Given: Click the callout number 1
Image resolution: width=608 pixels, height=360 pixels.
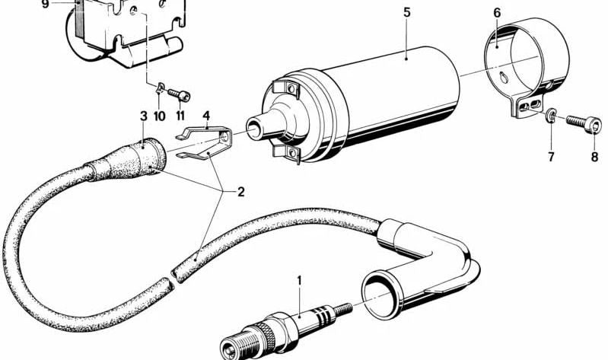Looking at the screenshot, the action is coord(299,280).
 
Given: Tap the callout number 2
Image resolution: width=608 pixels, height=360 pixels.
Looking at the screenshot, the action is coord(240,192).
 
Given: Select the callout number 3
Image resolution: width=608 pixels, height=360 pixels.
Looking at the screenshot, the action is coord(144,116).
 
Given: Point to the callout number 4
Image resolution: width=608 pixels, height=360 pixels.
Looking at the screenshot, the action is coord(206,115).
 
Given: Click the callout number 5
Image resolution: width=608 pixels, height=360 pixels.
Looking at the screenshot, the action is coord(406,12).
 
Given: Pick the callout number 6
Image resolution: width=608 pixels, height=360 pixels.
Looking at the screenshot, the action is coord(497,12).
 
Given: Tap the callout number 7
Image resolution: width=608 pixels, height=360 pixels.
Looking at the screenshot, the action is coord(551,157).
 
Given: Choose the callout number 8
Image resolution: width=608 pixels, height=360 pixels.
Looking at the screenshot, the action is coord(594,157).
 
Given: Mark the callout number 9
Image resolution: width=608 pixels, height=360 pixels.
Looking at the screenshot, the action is coord(46,5).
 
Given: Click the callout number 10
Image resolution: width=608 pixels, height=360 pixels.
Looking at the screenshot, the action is coord(159,116).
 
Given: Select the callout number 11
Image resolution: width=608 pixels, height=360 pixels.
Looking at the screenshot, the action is coord(180,116).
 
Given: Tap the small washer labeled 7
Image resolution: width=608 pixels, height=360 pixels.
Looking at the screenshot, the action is coord(549,116).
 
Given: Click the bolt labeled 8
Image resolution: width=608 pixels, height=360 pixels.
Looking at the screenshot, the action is coord(584,123).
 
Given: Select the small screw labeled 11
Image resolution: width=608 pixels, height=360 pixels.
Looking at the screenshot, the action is coord(179,94).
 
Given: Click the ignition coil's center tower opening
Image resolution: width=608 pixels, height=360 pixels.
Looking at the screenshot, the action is coord(253,129).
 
